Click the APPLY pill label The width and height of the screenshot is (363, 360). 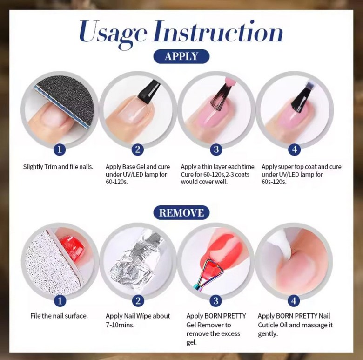tap(181, 56)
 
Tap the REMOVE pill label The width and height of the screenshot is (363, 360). tap(181, 212)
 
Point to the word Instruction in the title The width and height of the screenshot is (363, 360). tap(218, 31)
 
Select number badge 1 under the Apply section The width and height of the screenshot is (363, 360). tap(60, 149)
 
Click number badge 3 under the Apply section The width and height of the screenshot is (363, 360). tap(216, 149)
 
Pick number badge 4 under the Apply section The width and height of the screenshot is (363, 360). tap(294, 149)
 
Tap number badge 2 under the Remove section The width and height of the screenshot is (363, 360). tap(138, 301)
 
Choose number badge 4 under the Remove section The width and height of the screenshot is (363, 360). tap(294, 301)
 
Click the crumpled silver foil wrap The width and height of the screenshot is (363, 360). tap(134, 259)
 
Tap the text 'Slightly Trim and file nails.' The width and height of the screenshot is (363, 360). tap(58, 167)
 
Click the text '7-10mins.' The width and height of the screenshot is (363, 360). tap(120, 325)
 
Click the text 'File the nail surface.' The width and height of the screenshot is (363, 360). tap(59, 316)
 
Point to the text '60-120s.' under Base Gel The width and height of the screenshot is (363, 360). tap(117, 182)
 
